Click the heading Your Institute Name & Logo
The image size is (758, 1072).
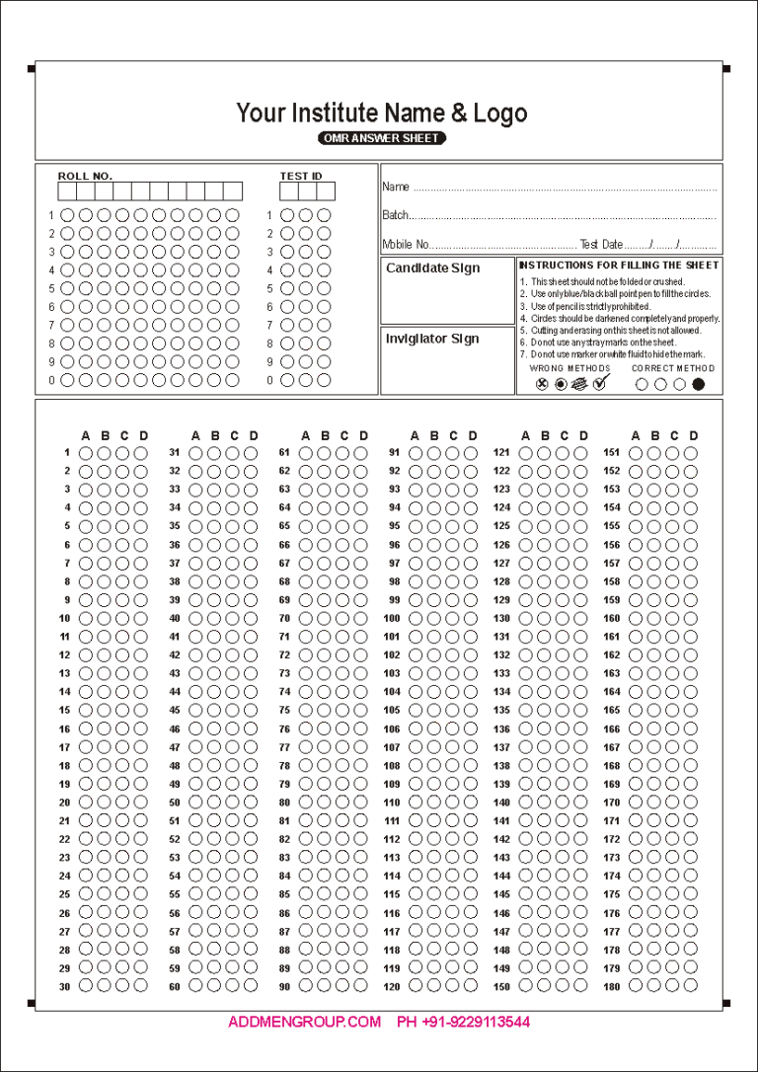[x=381, y=113]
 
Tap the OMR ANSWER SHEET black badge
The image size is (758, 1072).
[x=382, y=138]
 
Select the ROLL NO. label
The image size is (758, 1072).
[x=85, y=176]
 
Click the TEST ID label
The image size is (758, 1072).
[x=300, y=176]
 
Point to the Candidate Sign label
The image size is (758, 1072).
[x=432, y=268]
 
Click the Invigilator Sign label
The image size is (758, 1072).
[x=432, y=339]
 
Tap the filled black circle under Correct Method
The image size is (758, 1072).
[x=699, y=384]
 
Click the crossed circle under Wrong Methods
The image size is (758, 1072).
[x=541, y=384]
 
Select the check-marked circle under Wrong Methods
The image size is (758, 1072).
[x=599, y=383]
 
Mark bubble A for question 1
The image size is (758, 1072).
[x=86, y=453]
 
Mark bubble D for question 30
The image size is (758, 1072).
[x=141, y=985]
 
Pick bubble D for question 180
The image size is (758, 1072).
[x=691, y=985]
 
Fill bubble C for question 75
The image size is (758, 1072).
[x=344, y=711]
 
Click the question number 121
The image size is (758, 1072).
[x=501, y=453]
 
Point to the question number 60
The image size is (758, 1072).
[x=174, y=986]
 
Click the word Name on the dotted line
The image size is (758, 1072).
[x=395, y=187]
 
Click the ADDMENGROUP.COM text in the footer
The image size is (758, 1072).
[x=304, y=1022]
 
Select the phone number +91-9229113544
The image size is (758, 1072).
[x=463, y=1022]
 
